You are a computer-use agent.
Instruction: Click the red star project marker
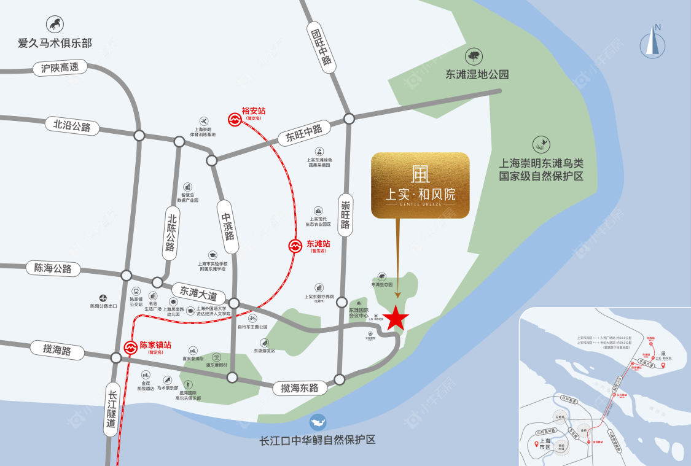click(x=396, y=318)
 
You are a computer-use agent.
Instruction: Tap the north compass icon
click(x=654, y=43)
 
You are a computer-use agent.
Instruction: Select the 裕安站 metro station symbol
click(x=235, y=119)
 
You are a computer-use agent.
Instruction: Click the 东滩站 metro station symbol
click(x=295, y=246)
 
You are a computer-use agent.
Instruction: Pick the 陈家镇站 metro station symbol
click(x=130, y=348)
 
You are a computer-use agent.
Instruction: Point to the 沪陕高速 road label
click(x=60, y=68)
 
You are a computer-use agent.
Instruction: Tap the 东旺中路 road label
click(x=303, y=133)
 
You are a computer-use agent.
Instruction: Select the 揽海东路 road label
click(x=300, y=387)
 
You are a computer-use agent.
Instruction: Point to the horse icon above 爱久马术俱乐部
click(x=55, y=25)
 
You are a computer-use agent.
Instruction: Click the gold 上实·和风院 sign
click(x=420, y=185)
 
